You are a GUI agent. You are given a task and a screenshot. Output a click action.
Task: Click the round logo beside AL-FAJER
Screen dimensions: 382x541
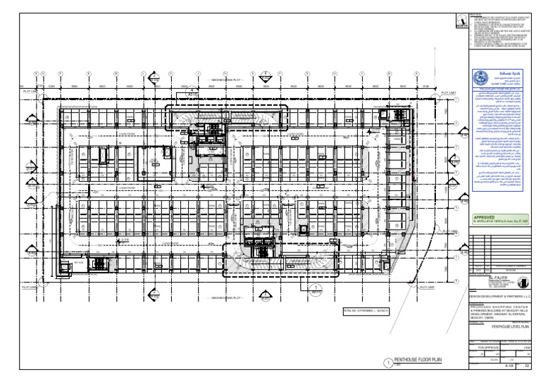(521, 283)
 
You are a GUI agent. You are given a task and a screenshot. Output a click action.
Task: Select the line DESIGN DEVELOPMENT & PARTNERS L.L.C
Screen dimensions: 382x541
(498, 296)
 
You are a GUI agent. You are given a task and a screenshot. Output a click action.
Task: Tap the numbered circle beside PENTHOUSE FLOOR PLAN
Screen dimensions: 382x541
(387, 362)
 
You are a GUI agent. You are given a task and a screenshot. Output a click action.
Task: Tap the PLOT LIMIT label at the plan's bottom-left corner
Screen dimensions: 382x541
(30, 288)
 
